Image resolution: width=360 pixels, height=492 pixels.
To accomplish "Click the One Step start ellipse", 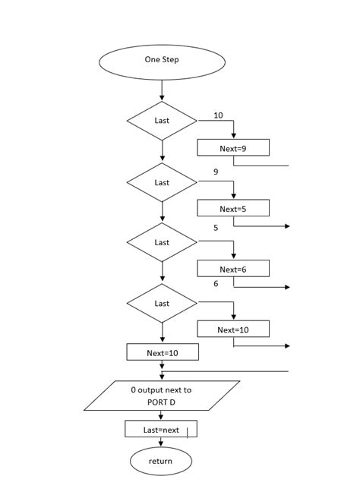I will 162,60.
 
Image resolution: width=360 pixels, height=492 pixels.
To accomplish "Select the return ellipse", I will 161,461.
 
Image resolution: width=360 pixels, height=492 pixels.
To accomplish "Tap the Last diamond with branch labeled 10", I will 162,121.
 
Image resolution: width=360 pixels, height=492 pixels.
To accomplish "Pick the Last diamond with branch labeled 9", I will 162,182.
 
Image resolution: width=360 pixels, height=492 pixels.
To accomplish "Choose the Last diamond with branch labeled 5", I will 162,242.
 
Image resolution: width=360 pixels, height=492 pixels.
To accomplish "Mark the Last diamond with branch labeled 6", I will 162,303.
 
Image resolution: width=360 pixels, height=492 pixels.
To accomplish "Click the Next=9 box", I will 233,148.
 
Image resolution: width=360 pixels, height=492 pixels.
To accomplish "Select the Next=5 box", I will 233,208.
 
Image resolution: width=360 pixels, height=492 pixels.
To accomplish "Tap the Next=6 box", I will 233,269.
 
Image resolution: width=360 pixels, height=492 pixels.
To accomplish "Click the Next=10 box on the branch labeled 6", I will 233,330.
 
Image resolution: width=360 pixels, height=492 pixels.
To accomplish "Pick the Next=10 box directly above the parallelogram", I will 162,352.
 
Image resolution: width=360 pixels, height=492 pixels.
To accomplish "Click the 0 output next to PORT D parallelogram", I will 162,396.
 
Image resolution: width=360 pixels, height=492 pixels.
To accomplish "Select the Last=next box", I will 161,429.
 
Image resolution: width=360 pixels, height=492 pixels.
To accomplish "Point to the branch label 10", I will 219,115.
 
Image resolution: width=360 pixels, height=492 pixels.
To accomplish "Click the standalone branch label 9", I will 216,172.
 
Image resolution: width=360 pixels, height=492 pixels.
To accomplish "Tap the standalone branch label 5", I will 216,228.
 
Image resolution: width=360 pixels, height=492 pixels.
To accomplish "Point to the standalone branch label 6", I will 216,283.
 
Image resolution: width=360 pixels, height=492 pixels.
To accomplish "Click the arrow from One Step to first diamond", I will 162,90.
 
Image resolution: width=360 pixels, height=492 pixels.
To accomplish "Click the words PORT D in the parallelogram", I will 161,402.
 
